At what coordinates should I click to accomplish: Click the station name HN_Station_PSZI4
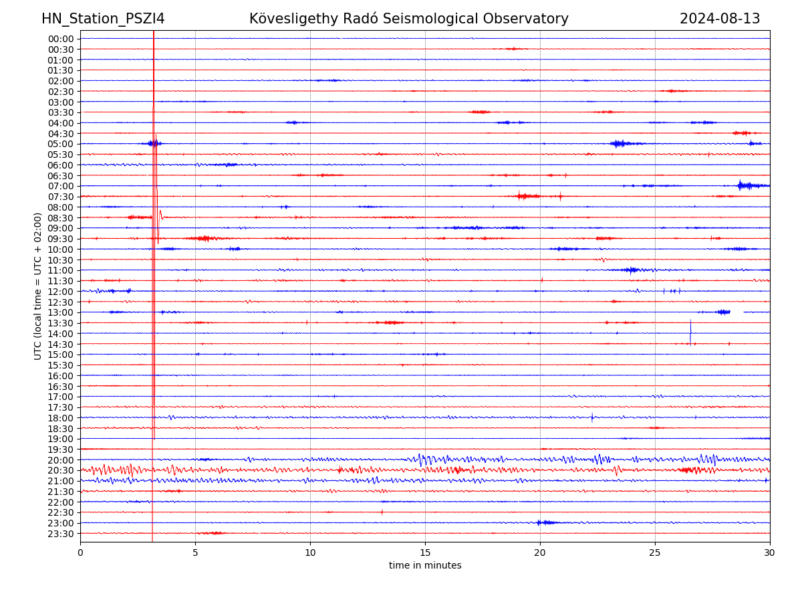(103, 19)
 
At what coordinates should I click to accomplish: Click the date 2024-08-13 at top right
(720, 19)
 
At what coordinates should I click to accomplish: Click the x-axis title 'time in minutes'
(425, 566)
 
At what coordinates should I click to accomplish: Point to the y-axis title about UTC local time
(38, 286)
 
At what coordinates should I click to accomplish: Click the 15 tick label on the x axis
(425, 553)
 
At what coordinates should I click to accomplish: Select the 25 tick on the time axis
(655, 553)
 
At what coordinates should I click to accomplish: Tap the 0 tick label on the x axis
(80, 553)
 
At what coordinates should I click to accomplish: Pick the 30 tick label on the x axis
(770, 553)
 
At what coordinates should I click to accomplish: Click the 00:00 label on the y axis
(60, 39)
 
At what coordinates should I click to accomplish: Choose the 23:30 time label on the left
(60, 534)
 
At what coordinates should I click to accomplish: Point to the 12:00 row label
(60, 292)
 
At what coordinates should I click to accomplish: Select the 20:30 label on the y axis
(60, 470)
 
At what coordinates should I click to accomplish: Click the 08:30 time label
(60, 218)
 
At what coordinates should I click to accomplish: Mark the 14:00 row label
(60, 334)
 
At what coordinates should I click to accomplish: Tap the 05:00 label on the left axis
(60, 144)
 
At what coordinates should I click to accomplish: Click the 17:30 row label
(60, 407)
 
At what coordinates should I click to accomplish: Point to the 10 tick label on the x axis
(310, 553)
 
